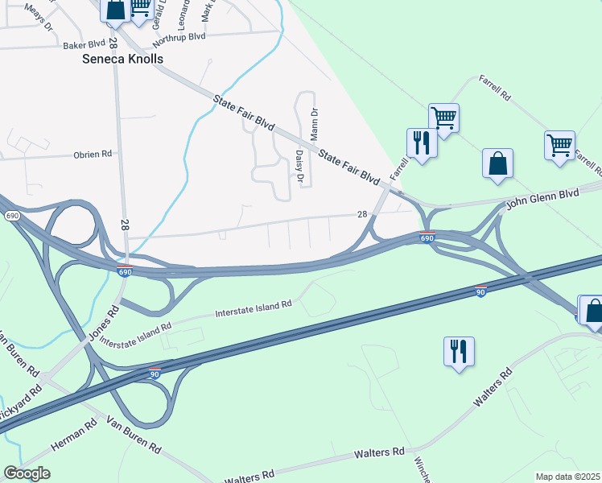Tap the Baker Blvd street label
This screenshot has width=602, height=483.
pyautogui.click(x=85, y=45)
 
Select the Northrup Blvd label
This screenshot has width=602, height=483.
pyautogui.click(x=179, y=37)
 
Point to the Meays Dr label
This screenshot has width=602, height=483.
pyautogui.click(x=38, y=17)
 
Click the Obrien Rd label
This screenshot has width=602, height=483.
pyautogui.click(x=92, y=155)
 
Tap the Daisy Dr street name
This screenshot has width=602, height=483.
pyautogui.click(x=299, y=167)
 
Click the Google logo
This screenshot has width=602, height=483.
pyautogui.click(x=27, y=473)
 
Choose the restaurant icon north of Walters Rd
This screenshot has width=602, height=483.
pyautogui.click(x=459, y=352)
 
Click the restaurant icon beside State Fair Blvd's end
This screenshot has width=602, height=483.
pyautogui.click(x=421, y=143)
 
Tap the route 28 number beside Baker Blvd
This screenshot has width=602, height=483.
pyautogui.click(x=113, y=42)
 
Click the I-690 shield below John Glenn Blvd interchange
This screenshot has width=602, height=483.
pyautogui.click(x=427, y=237)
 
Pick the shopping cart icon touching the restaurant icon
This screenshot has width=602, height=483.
pyautogui.click(x=443, y=118)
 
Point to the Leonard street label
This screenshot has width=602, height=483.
pyautogui.click(x=183, y=14)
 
